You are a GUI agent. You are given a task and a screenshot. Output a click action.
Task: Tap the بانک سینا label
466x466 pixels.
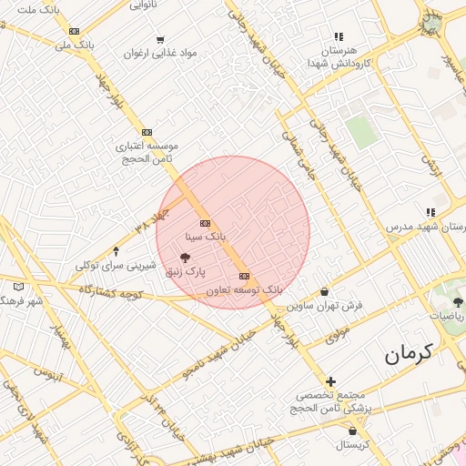[204, 236]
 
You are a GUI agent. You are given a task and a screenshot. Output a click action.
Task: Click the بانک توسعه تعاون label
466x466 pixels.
[244, 289]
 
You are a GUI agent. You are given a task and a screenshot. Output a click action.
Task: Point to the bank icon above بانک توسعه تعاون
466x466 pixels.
[244, 275]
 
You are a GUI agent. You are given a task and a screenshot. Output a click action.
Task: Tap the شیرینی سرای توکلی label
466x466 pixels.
[116, 265]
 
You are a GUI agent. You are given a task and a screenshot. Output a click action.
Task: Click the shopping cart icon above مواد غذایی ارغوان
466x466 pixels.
[160, 39]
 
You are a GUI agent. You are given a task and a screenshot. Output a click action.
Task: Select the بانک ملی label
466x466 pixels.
[75, 44]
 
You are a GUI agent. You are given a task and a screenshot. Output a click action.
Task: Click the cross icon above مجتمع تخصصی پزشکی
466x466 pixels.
[330, 381]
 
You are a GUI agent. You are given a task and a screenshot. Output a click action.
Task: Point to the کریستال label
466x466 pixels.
[352, 444]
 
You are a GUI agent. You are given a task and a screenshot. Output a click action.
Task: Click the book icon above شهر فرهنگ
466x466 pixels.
[19, 287]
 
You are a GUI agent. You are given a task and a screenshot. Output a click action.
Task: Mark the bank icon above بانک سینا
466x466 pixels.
[204, 223]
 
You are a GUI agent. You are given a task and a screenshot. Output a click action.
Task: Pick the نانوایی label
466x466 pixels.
[142, 5]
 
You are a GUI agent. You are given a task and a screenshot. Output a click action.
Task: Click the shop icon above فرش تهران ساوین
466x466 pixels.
[325, 292]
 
